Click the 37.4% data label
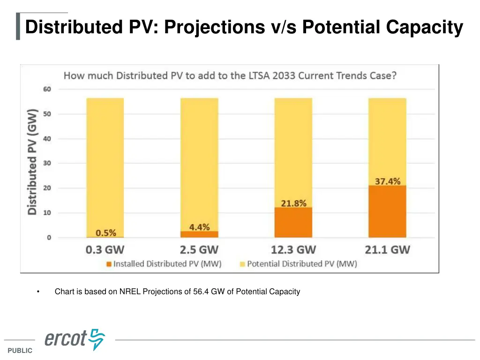[x=387, y=181]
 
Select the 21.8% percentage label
[x=293, y=203]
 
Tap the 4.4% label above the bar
[x=199, y=227]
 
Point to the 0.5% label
[x=106, y=232]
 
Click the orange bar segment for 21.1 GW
[x=387, y=211]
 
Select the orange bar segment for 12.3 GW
[x=293, y=222]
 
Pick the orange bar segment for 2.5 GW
[x=199, y=234]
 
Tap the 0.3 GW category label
[x=105, y=249]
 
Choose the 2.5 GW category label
[x=199, y=249]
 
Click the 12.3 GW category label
[x=293, y=249]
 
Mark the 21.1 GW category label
[x=387, y=249]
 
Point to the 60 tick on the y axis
[x=48, y=89]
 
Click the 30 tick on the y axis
[x=48, y=163]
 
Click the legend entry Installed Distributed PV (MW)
[x=164, y=264]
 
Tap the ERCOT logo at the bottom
[x=75, y=339]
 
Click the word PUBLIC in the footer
[x=20, y=351]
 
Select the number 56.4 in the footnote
[x=201, y=292]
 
